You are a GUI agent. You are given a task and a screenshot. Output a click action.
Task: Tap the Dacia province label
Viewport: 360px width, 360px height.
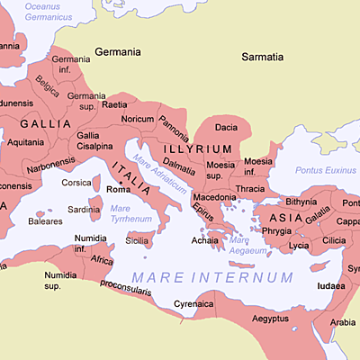pyautogui.click(x=227, y=128)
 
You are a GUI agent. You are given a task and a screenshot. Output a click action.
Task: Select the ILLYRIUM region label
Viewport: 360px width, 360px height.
pyautogui.click(x=195, y=148)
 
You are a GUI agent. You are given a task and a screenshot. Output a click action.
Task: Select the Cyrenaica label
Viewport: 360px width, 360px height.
pyautogui.click(x=194, y=304)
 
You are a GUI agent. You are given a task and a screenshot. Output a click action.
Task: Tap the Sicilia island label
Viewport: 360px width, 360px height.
pyautogui.click(x=137, y=240)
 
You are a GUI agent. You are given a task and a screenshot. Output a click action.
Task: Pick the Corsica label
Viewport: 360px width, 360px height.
pyautogui.click(x=76, y=183)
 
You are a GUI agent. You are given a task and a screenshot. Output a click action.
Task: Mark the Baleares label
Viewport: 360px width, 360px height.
pyautogui.click(x=45, y=220)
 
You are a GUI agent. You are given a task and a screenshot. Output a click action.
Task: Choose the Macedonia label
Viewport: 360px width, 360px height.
pyautogui.click(x=215, y=196)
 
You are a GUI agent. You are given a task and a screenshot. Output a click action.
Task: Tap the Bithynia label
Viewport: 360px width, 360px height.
pyautogui.click(x=301, y=202)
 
